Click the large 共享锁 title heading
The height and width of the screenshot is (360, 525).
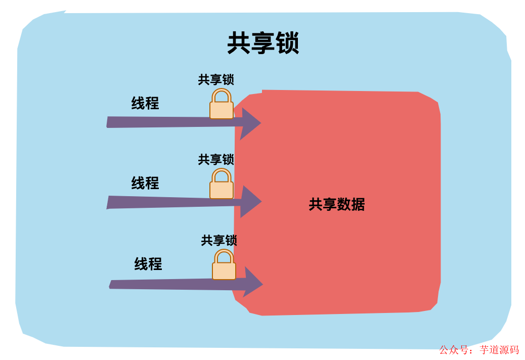(x=263, y=43)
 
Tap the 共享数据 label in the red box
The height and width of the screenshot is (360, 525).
(x=336, y=205)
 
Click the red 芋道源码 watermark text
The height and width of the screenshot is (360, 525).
(x=499, y=350)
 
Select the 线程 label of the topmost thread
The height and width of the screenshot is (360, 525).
(x=145, y=104)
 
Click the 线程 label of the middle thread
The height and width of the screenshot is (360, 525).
(x=145, y=183)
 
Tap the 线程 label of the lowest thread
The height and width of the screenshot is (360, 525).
(x=148, y=264)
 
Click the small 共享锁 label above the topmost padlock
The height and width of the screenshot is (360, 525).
(x=216, y=80)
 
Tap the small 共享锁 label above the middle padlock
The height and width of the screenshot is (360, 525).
(x=216, y=160)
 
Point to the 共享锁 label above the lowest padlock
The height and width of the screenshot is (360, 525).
(x=219, y=241)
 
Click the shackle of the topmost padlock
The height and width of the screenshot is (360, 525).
(x=222, y=95)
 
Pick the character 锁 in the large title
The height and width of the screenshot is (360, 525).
(x=287, y=43)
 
